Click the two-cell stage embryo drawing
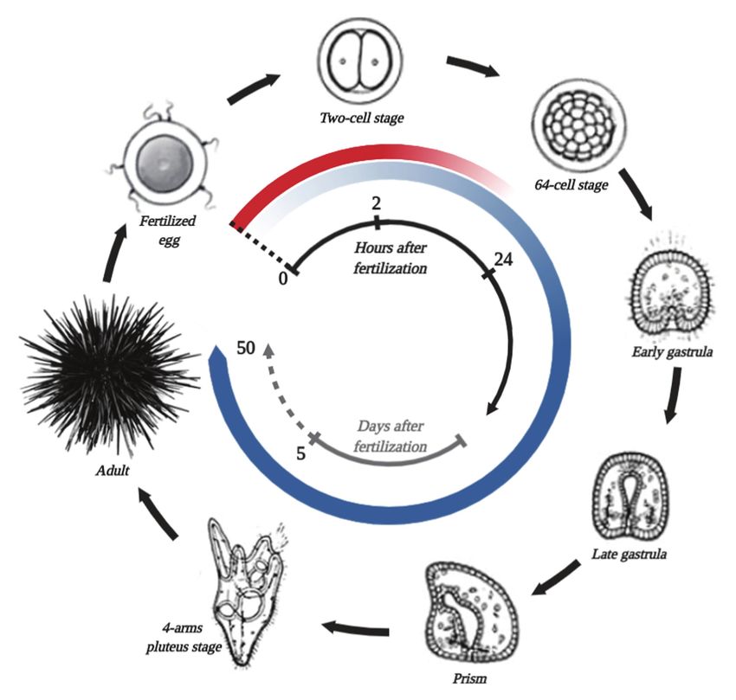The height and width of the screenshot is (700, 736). (x=362, y=62)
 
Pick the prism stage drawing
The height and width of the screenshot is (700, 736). (x=475, y=608)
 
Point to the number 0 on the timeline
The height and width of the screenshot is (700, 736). (x=282, y=279)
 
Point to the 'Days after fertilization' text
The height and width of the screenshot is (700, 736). (x=392, y=437)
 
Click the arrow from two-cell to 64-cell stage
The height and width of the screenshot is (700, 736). (x=474, y=67)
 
